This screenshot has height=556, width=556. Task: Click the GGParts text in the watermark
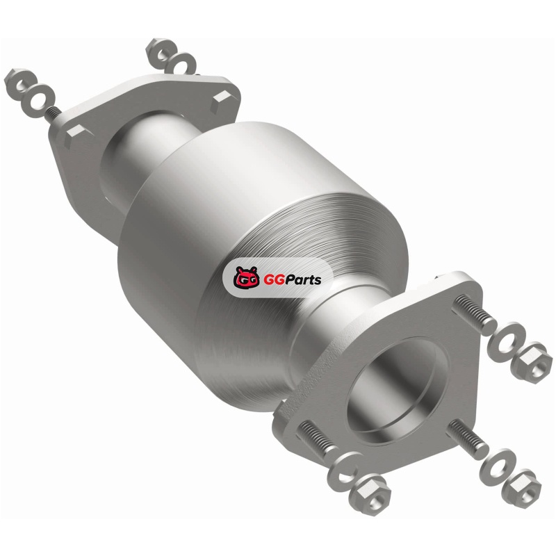coord(292,280)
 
